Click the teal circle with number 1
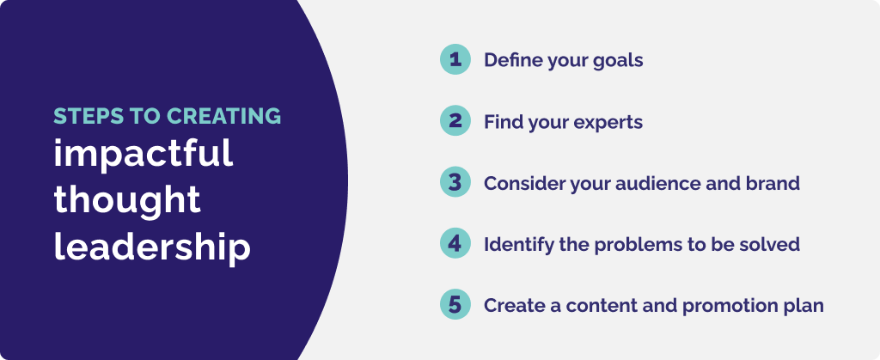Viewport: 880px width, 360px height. pyautogui.click(x=455, y=59)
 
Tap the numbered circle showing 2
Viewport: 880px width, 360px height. pyautogui.click(x=455, y=121)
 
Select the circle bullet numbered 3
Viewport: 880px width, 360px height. pyautogui.click(x=455, y=182)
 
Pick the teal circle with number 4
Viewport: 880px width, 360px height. pyautogui.click(x=455, y=243)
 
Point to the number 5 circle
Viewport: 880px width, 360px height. pyautogui.click(x=455, y=305)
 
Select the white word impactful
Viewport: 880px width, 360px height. pyautogui.click(x=144, y=154)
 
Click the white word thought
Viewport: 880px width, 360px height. pyautogui.click(x=127, y=200)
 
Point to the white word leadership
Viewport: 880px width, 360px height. pyautogui.click(x=152, y=247)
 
